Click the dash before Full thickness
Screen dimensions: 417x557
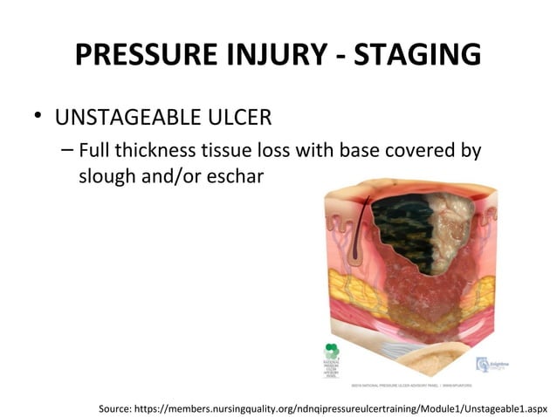pyautogui.click(x=68, y=150)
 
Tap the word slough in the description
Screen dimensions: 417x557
pyautogui.click(x=106, y=176)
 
